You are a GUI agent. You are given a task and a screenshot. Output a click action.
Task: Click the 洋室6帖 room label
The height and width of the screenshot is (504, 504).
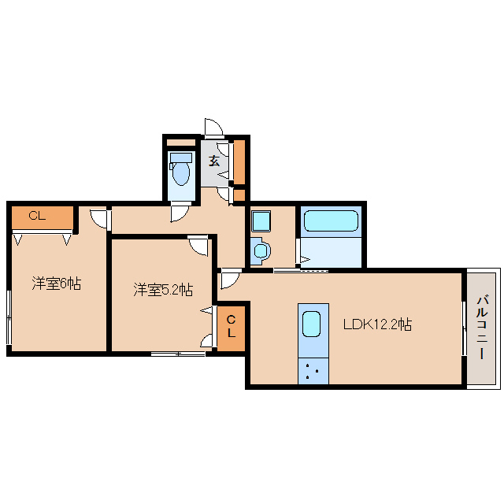[56, 283]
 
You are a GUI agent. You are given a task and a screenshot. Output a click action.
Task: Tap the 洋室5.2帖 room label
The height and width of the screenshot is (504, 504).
[163, 290]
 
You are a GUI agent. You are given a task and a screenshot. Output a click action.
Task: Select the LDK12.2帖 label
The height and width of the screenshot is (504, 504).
[377, 324]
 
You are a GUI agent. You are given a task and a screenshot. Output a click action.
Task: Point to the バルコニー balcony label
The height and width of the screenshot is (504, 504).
[482, 328]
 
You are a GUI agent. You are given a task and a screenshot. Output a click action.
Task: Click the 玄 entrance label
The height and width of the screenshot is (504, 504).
[214, 161]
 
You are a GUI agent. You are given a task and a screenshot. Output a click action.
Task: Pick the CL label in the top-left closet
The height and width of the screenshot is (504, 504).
[37, 216]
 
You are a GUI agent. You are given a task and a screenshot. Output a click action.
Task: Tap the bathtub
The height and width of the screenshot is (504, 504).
[331, 220]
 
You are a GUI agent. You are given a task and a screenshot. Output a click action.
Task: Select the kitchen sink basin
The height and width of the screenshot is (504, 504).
[312, 324]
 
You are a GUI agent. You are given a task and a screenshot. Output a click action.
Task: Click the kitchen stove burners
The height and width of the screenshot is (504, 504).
[313, 371]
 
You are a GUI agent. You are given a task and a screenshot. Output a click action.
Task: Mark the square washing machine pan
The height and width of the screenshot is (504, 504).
[261, 220]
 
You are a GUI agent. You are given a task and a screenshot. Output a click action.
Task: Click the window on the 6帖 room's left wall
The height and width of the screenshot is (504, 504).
[9, 317]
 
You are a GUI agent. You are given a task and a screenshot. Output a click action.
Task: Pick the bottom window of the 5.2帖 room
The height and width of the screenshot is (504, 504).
[178, 354]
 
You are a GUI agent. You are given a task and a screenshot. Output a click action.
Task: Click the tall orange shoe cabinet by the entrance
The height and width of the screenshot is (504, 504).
[239, 162]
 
